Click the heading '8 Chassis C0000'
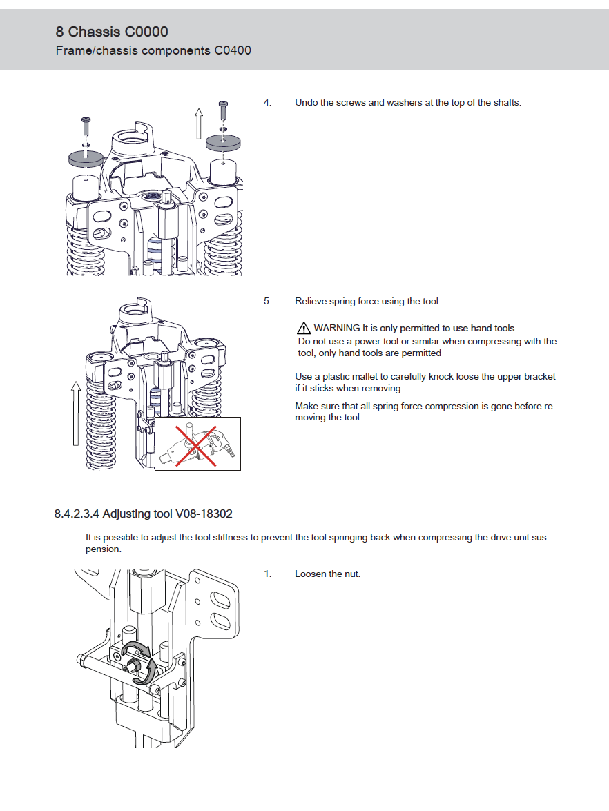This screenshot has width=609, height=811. coord(112,32)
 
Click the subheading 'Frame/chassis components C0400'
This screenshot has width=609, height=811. coord(153,50)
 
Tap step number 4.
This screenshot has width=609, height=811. coord(267,103)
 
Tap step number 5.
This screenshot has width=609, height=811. coord(267,302)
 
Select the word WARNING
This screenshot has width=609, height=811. coord(337,329)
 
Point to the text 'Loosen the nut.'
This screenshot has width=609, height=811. coord(327,574)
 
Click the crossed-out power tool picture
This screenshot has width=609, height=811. coord(197,444)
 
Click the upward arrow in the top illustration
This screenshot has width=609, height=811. coord(198,123)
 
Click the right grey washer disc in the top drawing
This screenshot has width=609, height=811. coord(224,142)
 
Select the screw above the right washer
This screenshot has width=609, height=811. coord(223,110)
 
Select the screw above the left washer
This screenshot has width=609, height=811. coord(85,126)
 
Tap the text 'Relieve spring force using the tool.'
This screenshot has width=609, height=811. coord(367,302)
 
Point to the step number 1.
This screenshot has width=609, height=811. coord(267,574)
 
